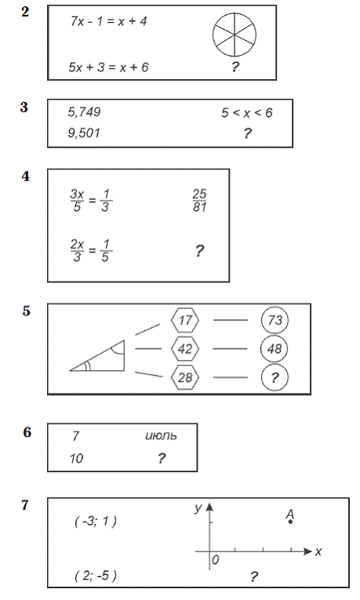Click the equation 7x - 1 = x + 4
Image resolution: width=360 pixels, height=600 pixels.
click(x=109, y=21)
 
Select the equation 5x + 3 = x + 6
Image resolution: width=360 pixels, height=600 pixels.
click(x=109, y=67)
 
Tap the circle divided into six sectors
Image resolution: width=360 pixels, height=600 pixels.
click(x=235, y=35)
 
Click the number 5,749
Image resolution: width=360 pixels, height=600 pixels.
click(x=84, y=112)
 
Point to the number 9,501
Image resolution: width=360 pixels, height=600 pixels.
click(x=84, y=133)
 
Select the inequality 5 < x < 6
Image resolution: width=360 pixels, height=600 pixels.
click(x=247, y=113)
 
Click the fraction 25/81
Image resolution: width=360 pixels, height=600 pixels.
click(x=200, y=201)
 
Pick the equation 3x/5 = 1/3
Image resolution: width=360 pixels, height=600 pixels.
click(x=91, y=201)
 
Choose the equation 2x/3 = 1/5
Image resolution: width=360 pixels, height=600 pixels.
click(x=91, y=251)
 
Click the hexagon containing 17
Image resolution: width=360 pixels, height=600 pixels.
click(x=185, y=320)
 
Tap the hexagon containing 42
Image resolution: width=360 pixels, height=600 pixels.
click(x=185, y=348)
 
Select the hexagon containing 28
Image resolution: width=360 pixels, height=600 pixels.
click(x=185, y=377)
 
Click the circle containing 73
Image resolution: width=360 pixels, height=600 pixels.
click(x=275, y=320)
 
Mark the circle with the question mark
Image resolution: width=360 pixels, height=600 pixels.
click(x=275, y=378)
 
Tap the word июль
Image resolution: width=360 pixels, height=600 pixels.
click(x=161, y=436)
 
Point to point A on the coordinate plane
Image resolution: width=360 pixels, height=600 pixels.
click(x=290, y=522)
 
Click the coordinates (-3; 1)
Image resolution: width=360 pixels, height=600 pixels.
click(x=96, y=521)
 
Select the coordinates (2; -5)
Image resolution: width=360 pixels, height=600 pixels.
click(x=96, y=576)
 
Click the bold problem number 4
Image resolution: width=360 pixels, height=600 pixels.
click(x=26, y=176)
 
